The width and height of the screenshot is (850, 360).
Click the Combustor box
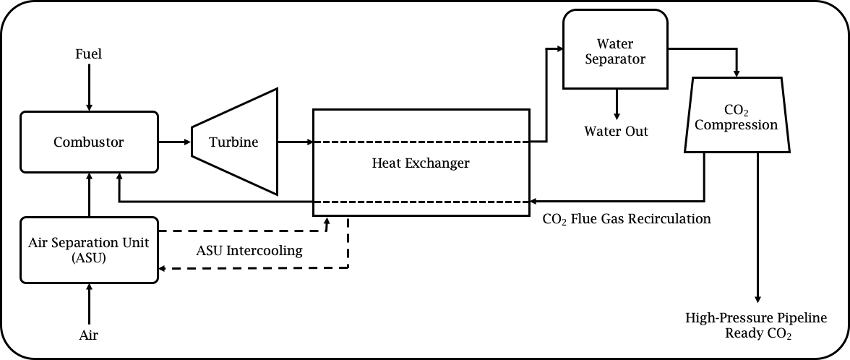[88, 142]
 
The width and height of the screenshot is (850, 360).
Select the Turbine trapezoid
[234, 142]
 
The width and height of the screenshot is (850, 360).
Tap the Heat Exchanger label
[420, 163]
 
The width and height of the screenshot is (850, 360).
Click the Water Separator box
[614, 51]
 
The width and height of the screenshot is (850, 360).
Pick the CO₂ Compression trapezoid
[737, 117]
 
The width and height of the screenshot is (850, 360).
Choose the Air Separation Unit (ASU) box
[88, 249]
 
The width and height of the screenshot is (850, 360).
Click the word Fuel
[89, 54]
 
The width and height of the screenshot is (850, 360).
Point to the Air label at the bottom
[89, 335]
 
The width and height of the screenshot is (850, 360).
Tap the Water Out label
[616, 132]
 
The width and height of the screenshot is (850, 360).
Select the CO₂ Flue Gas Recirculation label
[627, 218]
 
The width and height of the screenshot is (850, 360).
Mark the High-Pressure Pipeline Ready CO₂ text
[756, 326]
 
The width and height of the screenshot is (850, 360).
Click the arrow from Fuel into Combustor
[89, 87]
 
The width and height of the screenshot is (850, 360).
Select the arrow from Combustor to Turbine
[174, 142]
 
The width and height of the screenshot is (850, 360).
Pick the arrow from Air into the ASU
[89, 304]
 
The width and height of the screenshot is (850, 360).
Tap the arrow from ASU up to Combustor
[89, 195]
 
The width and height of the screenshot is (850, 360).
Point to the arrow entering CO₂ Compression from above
[737, 65]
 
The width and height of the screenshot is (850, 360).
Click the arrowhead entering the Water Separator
[559, 49]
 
